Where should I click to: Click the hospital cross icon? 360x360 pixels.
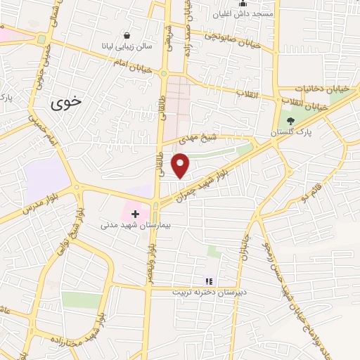tap(135, 213)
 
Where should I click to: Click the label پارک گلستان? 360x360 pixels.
tap(294, 132)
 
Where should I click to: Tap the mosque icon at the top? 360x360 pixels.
tap(244, 3)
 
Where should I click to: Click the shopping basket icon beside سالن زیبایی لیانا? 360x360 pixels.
tap(127, 35)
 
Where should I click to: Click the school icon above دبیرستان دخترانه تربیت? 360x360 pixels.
tap(208, 281)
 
